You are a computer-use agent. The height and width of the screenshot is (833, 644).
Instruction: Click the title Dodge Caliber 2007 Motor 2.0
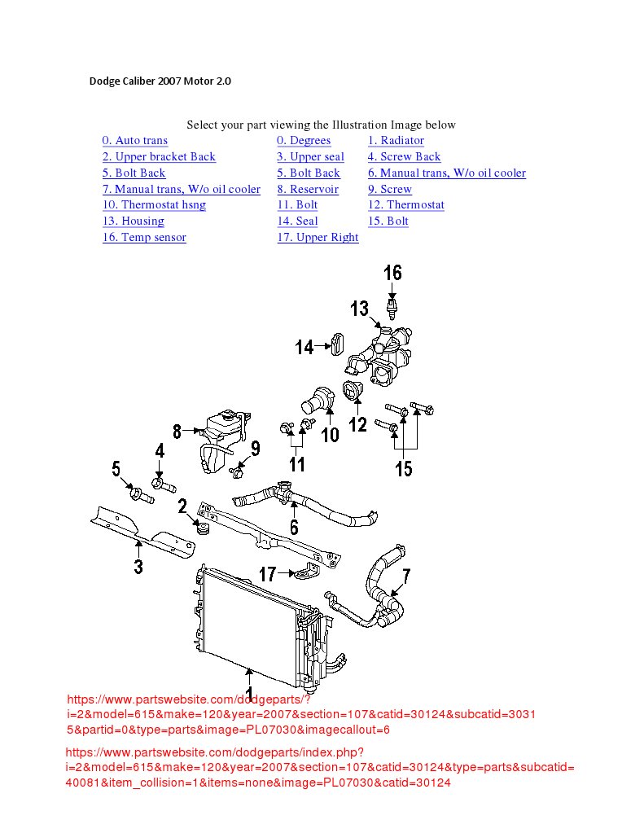tap(160, 81)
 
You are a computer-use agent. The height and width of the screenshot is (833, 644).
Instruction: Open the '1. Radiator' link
tap(395, 141)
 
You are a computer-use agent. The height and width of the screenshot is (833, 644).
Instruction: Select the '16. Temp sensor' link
tap(144, 238)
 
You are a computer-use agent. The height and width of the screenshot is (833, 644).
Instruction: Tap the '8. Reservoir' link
tap(307, 189)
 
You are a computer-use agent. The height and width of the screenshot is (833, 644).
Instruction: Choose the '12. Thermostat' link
tap(405, 205)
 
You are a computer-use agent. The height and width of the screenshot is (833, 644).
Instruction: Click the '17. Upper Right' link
tap(318, 238)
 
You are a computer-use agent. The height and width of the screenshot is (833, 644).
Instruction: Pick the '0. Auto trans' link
tap(135, 141)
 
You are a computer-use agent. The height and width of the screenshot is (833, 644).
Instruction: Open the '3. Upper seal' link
tap(310, 157)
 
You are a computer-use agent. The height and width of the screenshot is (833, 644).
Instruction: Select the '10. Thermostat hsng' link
tap(154, 205)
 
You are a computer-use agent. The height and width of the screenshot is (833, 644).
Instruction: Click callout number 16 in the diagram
tap(392, 273)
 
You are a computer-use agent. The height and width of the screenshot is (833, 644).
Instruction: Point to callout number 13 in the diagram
tap(360, 309)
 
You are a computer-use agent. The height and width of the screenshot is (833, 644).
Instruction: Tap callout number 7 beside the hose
tap(406, 577)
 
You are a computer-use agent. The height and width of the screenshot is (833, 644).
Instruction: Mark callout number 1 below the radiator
tap(249, 677)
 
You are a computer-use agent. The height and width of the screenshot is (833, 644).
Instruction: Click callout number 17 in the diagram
tap(268, 574)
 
